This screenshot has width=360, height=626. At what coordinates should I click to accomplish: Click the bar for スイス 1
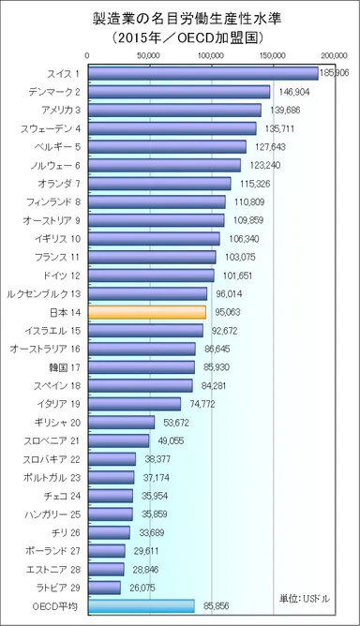click(202, 73)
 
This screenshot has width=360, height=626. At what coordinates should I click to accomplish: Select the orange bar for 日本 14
click(146, 311)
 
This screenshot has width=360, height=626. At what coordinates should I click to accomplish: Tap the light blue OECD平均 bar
click(140, 605)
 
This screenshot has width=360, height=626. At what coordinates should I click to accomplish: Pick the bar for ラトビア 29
click(103, 587)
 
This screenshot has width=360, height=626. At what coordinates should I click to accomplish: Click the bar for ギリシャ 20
click(120, 422)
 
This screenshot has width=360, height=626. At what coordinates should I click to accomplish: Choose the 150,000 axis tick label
click(272, 55)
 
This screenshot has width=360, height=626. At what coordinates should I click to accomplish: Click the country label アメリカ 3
click(59, 110)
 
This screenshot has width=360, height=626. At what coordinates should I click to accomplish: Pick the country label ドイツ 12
click(62, 275)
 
